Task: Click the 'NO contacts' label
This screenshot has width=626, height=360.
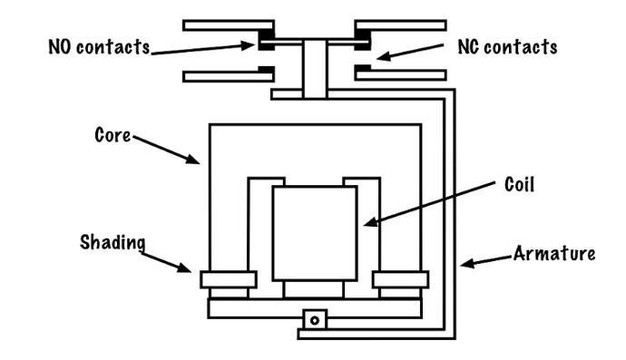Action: pyautogui.click(x=99, y=46)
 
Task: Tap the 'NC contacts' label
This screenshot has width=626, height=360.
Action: pyautogui.click(x=507, y=47)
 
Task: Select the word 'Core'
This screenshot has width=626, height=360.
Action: pyautogui.click(x=112, y=135)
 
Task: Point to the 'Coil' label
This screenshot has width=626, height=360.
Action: pyautogui.click(x=519, y=184)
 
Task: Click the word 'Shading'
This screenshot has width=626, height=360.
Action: pyautogui.click(x=112, y=243)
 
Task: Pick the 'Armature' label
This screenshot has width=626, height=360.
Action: pyautogui.click(x=554, y=253)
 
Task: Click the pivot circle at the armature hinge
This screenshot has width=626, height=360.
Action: pyautogui.click(x=315, y=320)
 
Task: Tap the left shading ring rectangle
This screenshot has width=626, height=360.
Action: pyautogui.click(x=229, y=279)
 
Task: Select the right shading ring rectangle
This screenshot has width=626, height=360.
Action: pyautogui.click(x=401, y=279)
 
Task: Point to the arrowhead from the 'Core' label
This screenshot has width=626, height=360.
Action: pyautogui.click(x=193, y=159)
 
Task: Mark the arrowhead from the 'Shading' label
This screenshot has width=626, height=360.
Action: pyautogui.click(x=184, y=268)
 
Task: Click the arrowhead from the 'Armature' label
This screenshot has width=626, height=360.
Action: pyautogui.click(x=467, y=263)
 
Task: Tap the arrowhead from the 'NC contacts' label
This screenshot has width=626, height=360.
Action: pyautogui.click(x=383, y=56)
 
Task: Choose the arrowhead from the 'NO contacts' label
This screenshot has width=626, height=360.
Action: pyautogui.click(x=248, y=44)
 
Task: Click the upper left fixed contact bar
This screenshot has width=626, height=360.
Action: pyautogui.click(x=229, y=25)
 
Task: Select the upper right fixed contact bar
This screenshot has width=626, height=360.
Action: pyautogui.click(x=400, y=25)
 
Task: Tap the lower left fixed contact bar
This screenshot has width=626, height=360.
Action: pyautogui.click(x=229, y=76)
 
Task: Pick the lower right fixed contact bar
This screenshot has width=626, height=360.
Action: pyautogui.click(x=400, y=74)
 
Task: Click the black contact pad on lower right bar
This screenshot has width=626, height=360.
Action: pyautogui.click(x=363, y=67)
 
